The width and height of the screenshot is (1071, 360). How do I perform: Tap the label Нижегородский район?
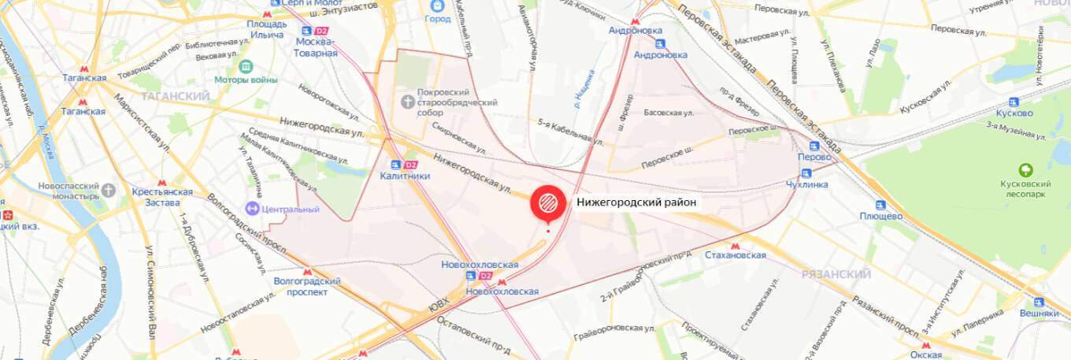click(x=636, y=202)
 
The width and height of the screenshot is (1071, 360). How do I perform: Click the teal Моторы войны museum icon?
click(x=245, y=65)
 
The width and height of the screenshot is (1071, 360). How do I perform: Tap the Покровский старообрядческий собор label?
click(x=458, y=102)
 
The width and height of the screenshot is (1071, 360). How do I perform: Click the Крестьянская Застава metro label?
click(x=162, y=197)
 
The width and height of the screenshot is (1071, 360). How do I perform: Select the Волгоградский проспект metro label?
click(x=306, y=286)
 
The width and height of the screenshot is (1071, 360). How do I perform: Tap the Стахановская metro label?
click(x=735, y=255)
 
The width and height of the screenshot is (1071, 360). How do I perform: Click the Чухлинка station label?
click(x=807, y=184)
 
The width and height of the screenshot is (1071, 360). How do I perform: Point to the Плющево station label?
click(x=880, y=216)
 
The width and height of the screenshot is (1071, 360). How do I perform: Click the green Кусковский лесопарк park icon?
click(x=1025, y=170)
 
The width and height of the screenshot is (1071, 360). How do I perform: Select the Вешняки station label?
click(x=1039, y=313)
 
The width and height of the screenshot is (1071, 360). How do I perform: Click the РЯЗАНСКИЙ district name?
click(x=836, y=274)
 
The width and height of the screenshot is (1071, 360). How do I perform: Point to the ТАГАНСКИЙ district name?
click(x=176, y=96)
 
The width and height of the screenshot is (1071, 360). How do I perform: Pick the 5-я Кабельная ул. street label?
click(x=565, y=128)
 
